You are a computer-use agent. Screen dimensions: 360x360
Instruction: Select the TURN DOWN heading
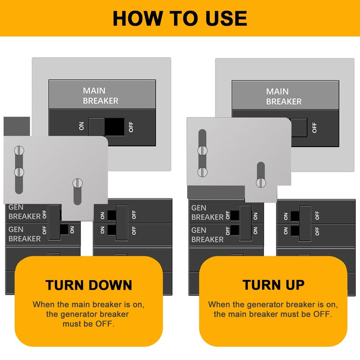point(89,285)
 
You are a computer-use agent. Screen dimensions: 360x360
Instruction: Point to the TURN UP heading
point(273,285)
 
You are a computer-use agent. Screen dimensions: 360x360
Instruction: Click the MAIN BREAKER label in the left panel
point(100,95)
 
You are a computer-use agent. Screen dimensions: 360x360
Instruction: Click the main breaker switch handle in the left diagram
point(97,126)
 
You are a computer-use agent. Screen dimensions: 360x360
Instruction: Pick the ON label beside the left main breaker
point(81,127)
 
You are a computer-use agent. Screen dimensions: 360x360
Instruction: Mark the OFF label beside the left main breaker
point(131,127)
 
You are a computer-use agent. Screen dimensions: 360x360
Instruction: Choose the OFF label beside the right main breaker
point(314,128)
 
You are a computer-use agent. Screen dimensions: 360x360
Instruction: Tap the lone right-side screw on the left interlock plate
point(77,183)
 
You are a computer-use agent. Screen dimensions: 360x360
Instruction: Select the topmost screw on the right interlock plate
point(202,150)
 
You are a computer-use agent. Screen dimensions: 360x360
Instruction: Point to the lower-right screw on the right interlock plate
point(260,182)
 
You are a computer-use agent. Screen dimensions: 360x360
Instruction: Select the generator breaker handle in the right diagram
point(245,222)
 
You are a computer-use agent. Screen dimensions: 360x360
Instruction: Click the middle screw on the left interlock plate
point(19,171)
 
